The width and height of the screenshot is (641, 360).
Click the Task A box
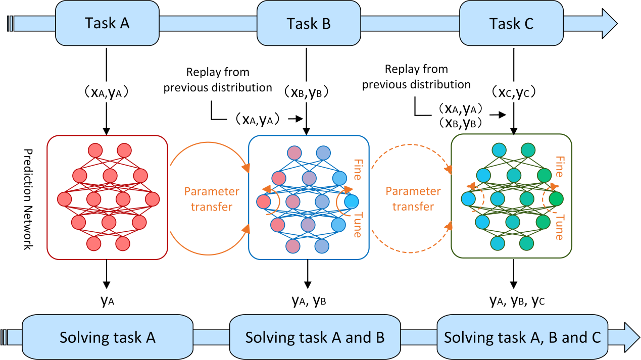[107, 23]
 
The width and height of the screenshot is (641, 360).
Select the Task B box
[309, 23]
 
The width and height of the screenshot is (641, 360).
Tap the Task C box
[511, 23]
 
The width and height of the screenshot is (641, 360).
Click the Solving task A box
[107, 337]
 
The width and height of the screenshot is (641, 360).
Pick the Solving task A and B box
[314, 337]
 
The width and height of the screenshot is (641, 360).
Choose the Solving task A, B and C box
[522, 337]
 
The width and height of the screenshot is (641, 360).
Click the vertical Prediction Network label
[28, 199]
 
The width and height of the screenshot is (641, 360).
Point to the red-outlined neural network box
[107, 197]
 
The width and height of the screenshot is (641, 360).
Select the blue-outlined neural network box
[309, 197]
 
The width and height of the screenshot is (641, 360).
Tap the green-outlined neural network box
[511, 197]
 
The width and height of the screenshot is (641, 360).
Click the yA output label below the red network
[107, 301]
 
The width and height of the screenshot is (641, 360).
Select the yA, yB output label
[309, 301]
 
